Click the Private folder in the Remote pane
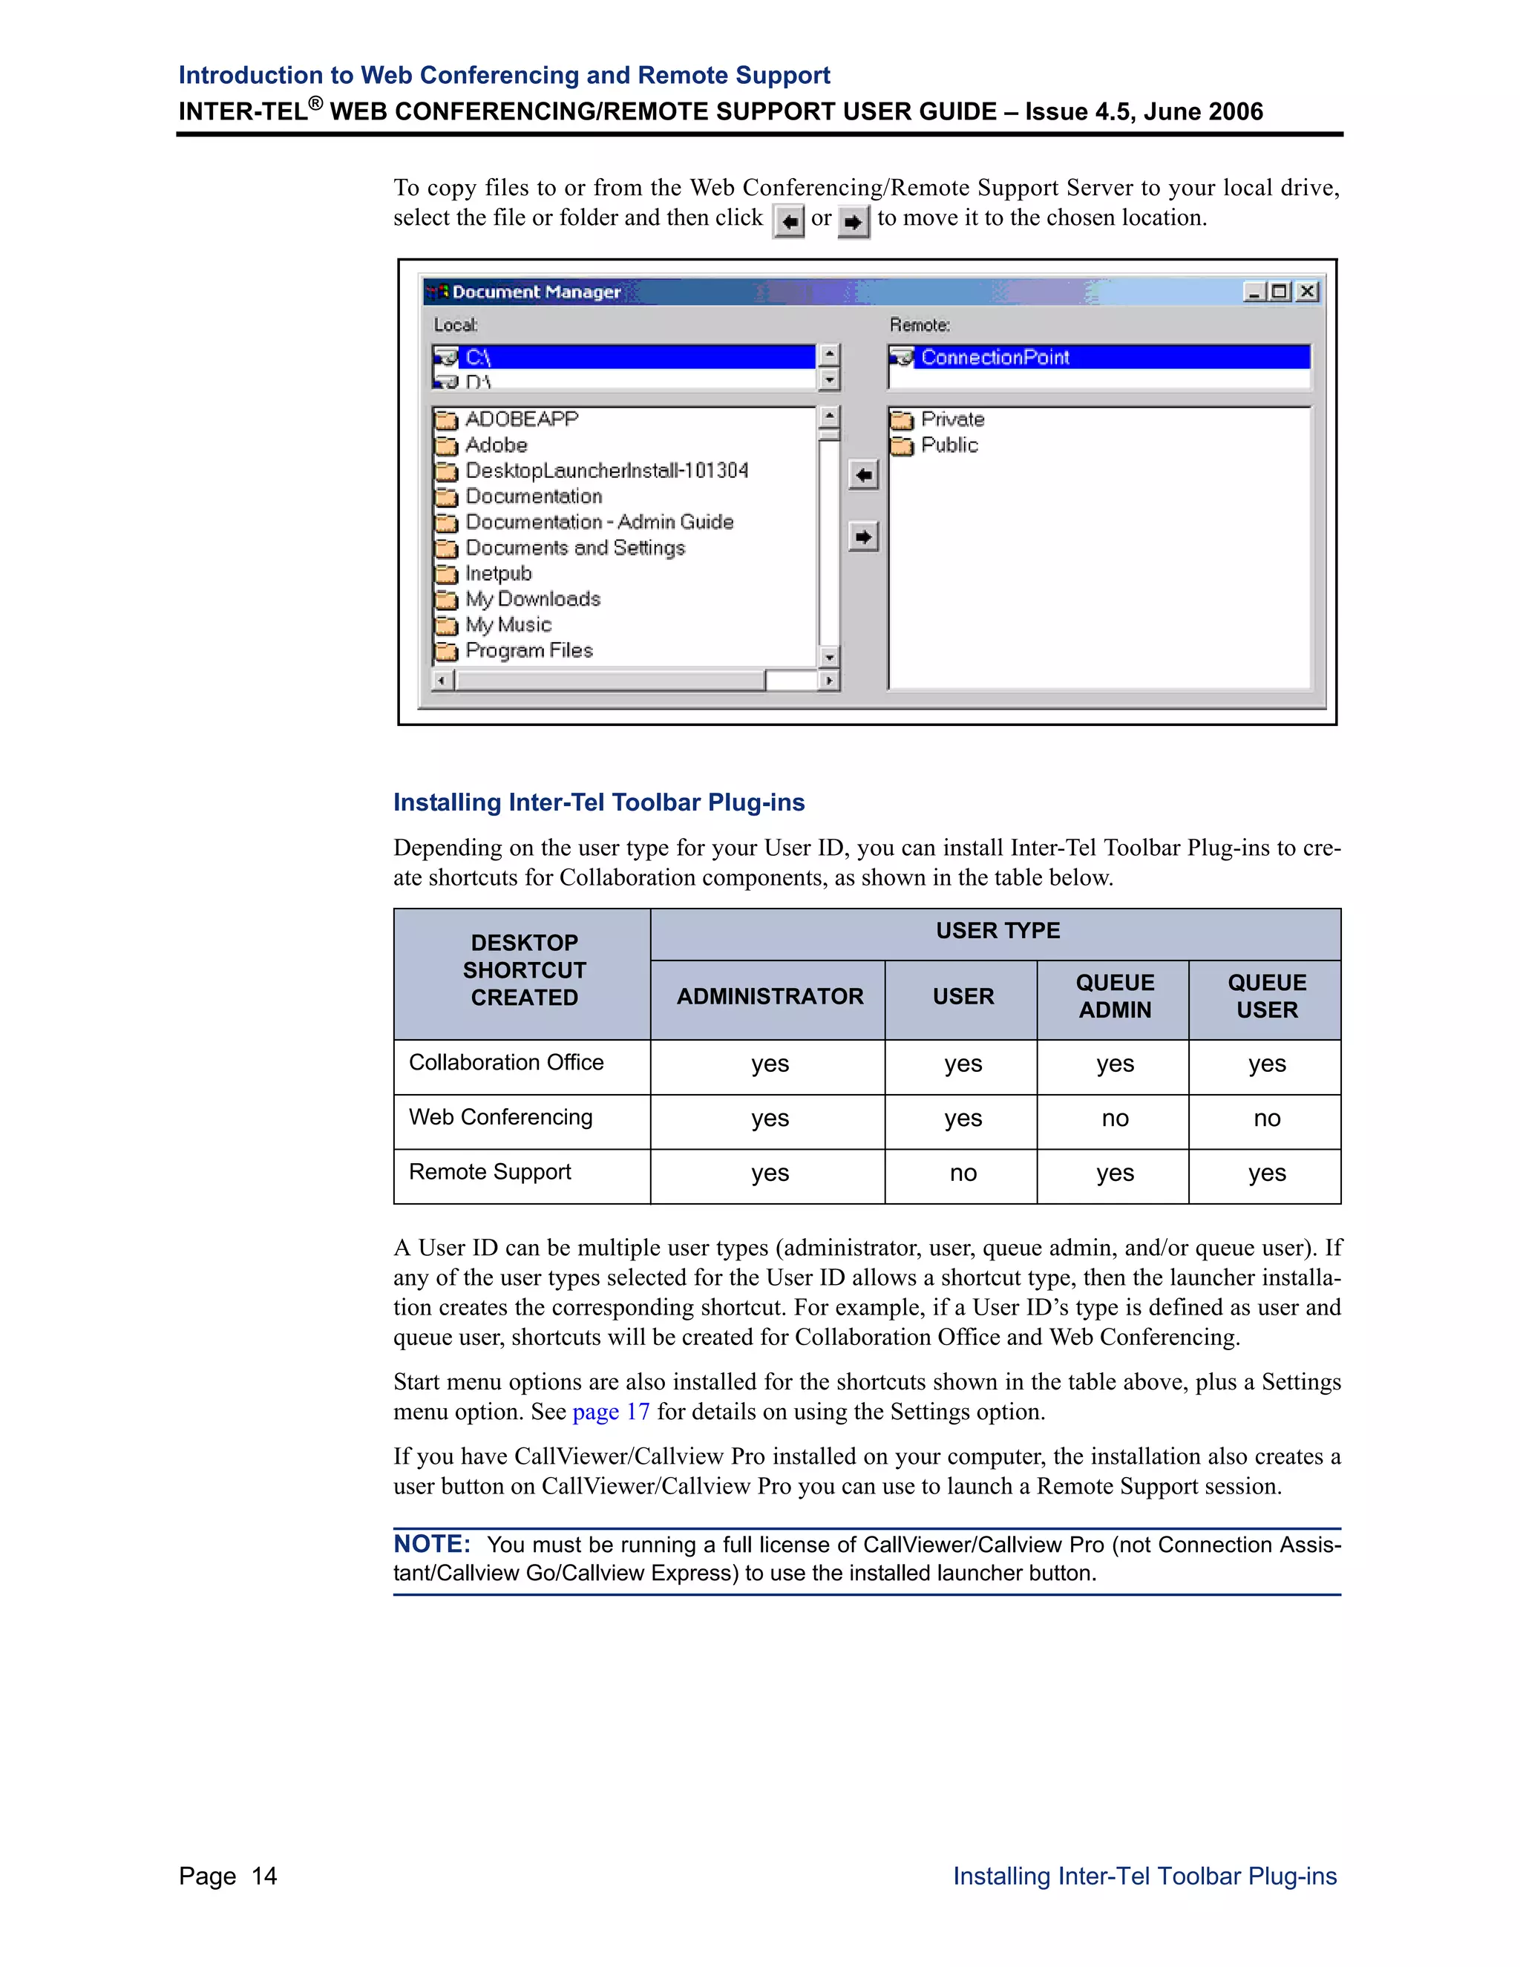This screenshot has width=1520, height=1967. [x=951, y=419]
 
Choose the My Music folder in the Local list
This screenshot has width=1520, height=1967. [x=508, y=625]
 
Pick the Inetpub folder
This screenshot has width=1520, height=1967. [x=498, y=574]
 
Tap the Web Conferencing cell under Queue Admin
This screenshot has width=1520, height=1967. [x=1114, y=1119]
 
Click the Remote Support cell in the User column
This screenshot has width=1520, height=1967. [x=962, y=1174]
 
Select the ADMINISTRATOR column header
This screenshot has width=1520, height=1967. [x=769, y=997]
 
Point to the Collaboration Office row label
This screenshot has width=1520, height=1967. [x=506, y=1063]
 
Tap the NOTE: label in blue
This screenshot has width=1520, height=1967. [x=431, y=1545]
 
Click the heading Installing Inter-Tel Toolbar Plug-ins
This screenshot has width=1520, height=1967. [x=599, y=802]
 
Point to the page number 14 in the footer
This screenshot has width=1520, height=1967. [x=263, y=1876]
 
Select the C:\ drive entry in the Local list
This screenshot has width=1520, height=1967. [x=478, y=358]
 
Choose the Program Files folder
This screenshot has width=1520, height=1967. [x=528, y=651]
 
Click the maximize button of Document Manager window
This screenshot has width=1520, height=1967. [x=1280, y=292]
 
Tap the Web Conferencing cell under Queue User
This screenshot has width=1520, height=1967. [x=1266, y=1119]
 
